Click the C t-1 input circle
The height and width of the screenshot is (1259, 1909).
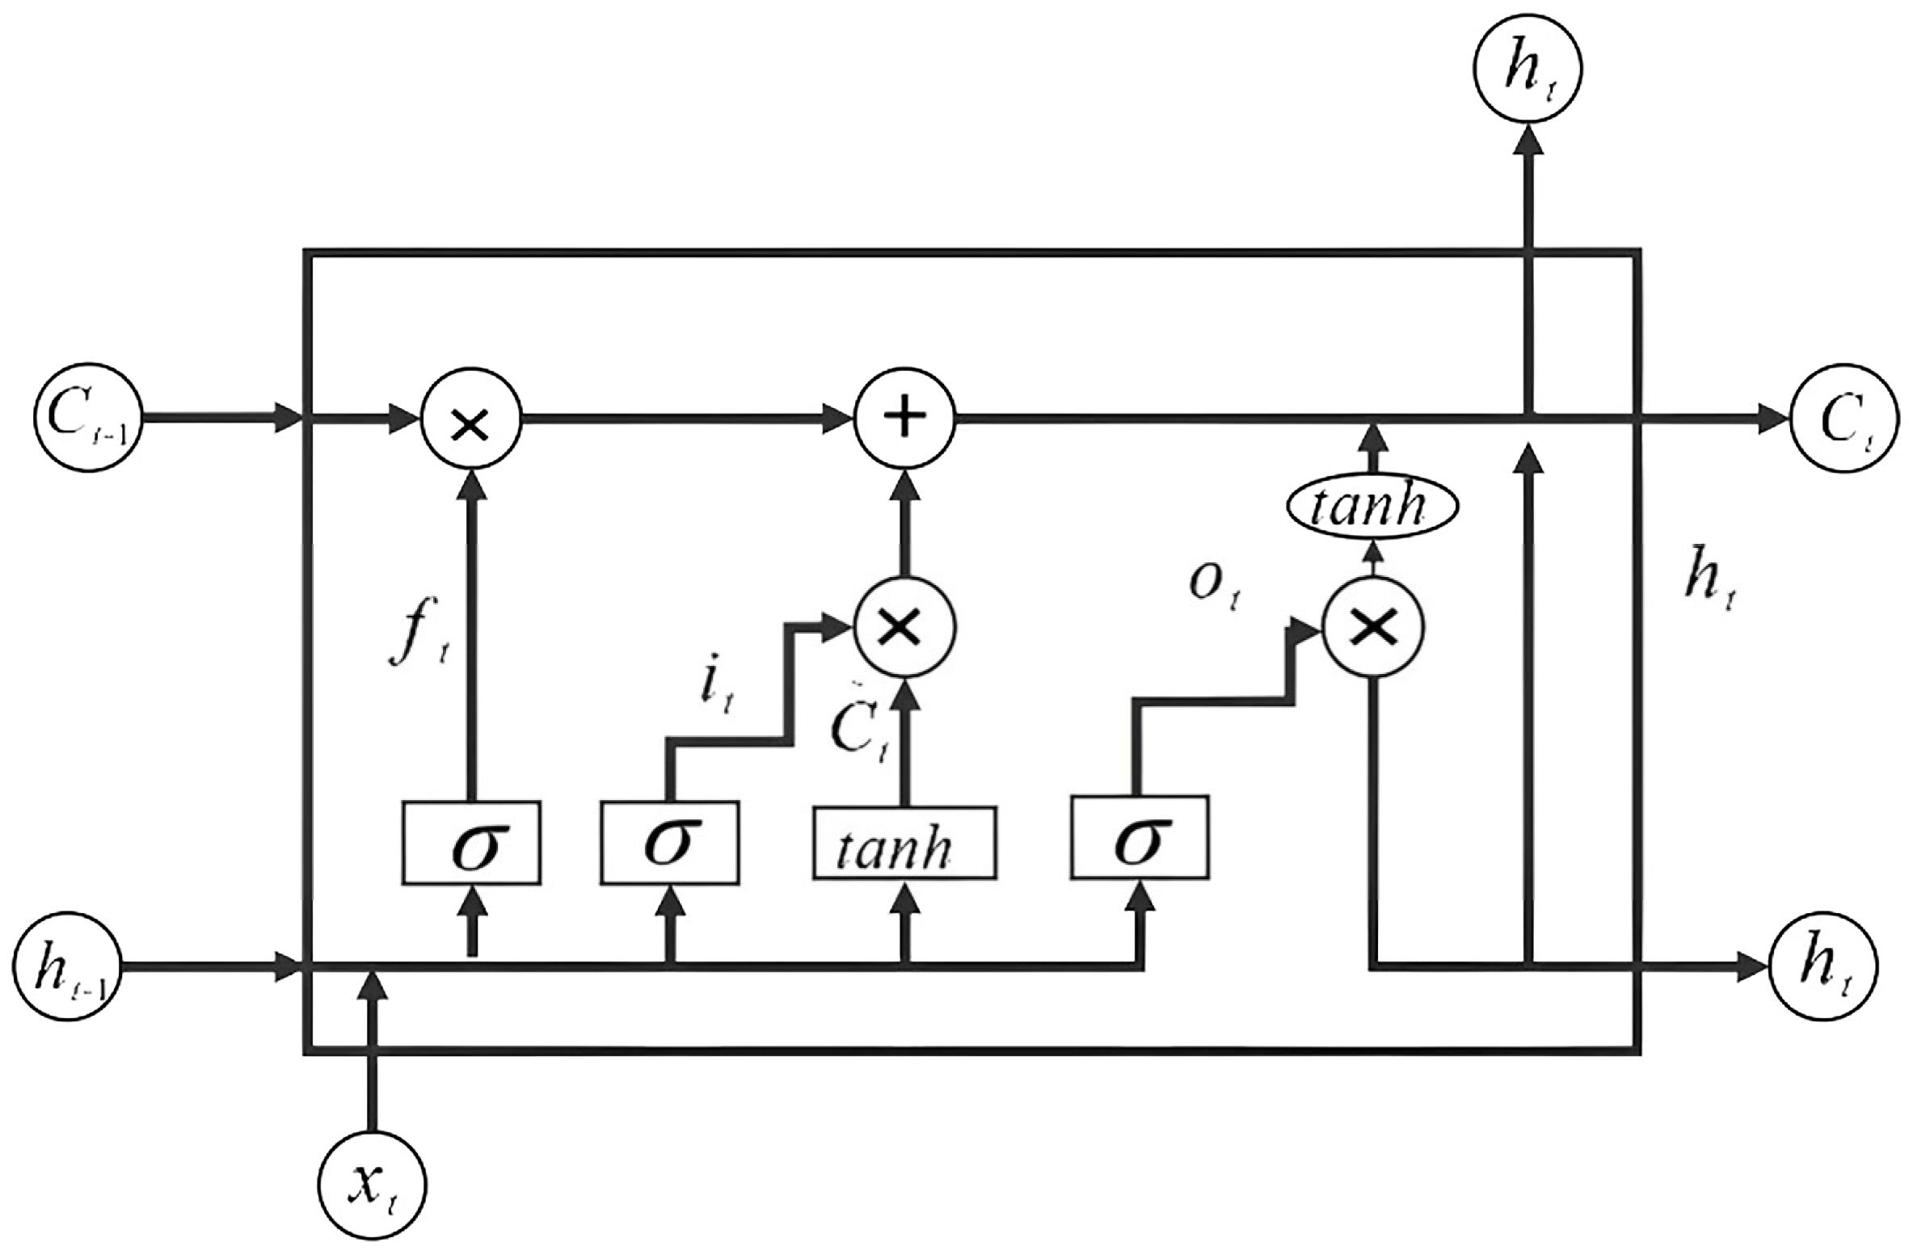(x=88, y=418)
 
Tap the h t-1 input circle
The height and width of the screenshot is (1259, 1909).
(x=67, y=967)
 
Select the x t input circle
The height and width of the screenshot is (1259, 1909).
(x=373, y=1185)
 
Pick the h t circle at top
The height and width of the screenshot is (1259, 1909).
(x=1528, y=71)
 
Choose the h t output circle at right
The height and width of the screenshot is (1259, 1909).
(x=1823, y=967)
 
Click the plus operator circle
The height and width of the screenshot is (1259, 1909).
(x=904, y=419)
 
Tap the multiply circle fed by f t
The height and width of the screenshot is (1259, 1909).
(x=471, y=419)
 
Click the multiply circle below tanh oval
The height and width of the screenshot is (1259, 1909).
(x=1372, y=627)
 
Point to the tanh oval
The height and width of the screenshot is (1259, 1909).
(x=1372, y=507)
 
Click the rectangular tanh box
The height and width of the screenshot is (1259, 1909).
(x=904, y=843)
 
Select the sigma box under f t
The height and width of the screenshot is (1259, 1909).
(x=471, y=843)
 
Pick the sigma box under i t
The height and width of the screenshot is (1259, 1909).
(x=669, y=843)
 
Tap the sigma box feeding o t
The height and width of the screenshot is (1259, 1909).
(x=1140, y=838)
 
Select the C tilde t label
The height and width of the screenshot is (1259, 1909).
(x=858, y=733)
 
